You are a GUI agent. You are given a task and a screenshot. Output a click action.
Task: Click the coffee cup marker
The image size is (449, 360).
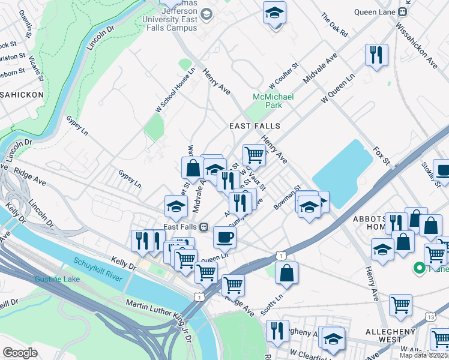(224, 236)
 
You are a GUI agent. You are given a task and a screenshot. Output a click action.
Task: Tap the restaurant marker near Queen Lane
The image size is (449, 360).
(376, 55)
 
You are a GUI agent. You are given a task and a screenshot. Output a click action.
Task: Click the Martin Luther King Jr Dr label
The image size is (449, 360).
(157, 314)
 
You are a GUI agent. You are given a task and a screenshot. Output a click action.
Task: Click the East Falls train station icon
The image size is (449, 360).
(203, 227)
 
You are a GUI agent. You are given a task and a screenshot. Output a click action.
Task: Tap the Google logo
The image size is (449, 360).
(20, 352)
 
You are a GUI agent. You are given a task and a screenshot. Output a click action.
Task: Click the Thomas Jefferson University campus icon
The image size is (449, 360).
(206, 14)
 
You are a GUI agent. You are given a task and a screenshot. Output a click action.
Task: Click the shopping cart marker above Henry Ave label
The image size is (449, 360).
(254, 154)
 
